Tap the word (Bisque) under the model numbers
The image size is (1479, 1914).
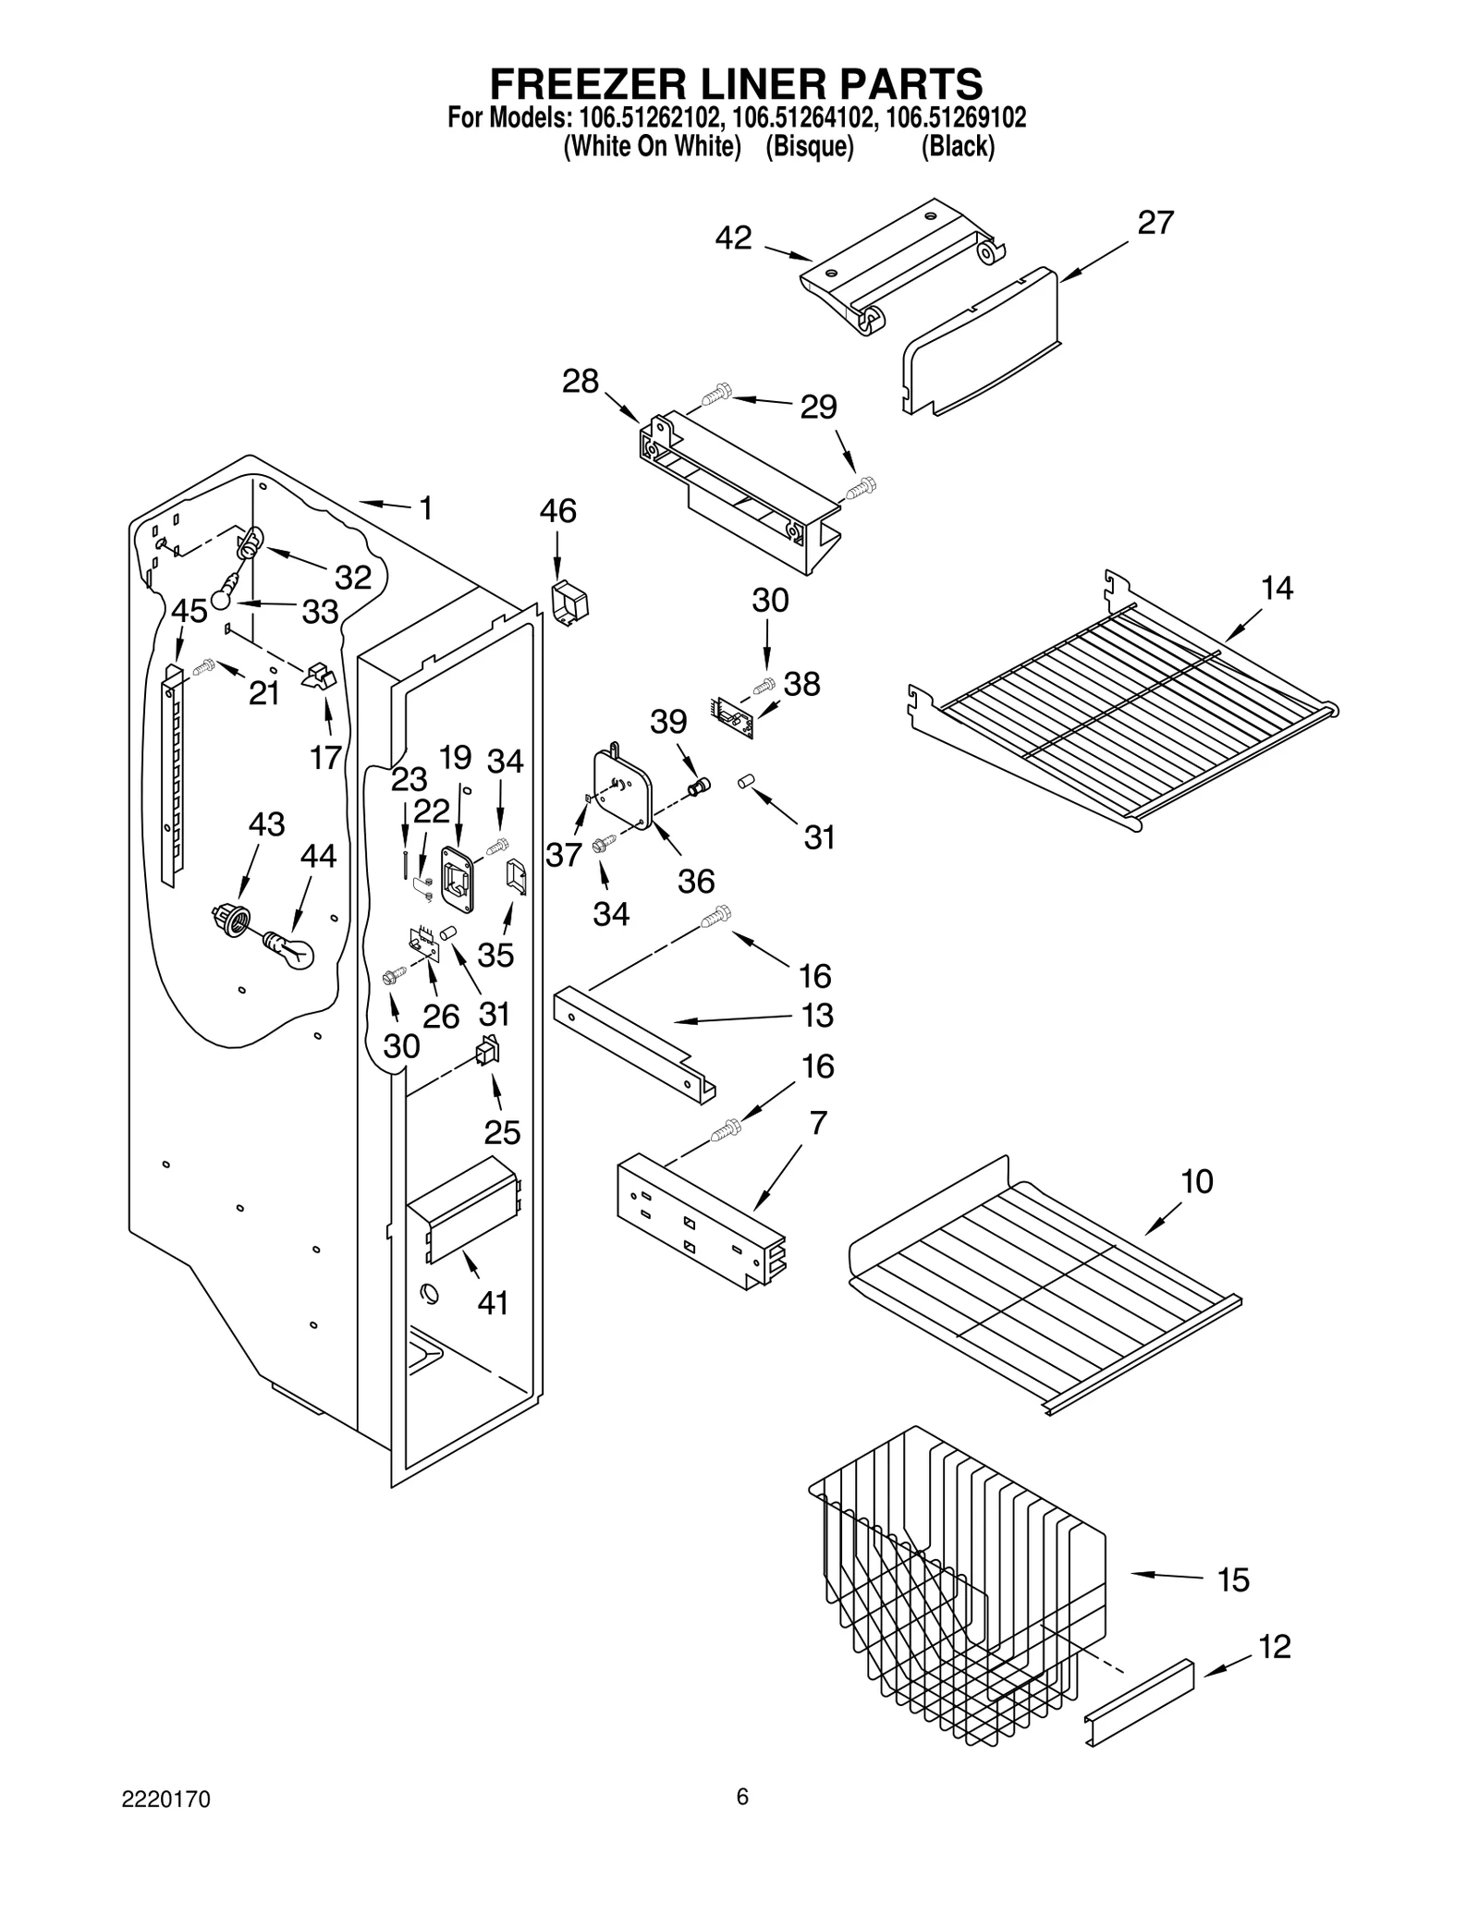(809, 147)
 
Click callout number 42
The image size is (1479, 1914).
(733, 238)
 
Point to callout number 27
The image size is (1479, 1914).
(1155, 223)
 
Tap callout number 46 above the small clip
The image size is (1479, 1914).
(557, 511)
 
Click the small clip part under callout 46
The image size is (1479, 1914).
(570, 603)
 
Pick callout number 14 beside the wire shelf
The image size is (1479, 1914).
(1277, 588)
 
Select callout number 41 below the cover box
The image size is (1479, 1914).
(493, 1303)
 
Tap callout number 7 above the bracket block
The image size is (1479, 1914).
(818, 1124)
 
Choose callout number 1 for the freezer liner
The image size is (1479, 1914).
(425, 508)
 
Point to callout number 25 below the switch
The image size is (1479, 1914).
(502, 1132)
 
